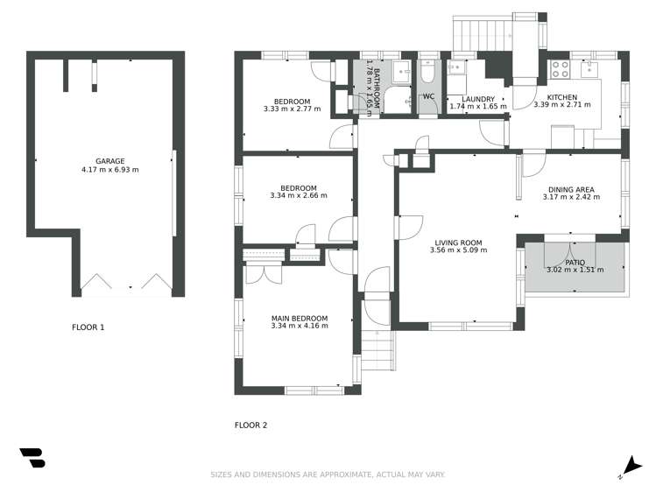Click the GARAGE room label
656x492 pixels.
pos(110,161)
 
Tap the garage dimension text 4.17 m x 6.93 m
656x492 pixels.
pos(110,170)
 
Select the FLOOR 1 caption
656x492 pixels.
pos(88,327)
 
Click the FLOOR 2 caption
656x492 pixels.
pos(250,425)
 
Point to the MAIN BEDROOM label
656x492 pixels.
pos(300,318)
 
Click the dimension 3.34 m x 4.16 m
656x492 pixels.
pos(300,327)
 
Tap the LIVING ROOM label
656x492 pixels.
pos(458,242)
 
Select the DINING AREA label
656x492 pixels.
pos(571,189)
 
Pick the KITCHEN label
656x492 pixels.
pos(561,96)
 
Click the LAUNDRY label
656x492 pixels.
pos(478,98)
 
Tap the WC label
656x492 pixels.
pos(428,96)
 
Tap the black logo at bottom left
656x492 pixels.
pos(32,458)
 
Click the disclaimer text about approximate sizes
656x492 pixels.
pos(328,474)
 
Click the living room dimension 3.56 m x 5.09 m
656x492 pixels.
pos(458,250)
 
